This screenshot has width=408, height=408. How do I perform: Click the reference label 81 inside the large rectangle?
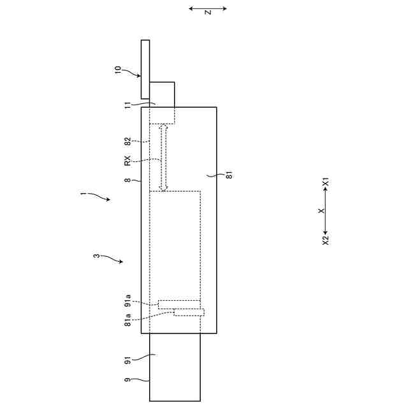pos(229,174)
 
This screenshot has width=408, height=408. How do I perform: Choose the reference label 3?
pos(96,256)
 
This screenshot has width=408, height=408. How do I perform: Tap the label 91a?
pos(127,300)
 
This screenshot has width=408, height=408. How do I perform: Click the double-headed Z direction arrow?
pos(208,8)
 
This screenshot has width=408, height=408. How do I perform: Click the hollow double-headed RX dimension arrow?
pos(164,157)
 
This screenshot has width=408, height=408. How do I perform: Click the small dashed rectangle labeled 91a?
pos(179,304)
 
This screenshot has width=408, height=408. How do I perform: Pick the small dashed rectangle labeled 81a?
pos(189,312)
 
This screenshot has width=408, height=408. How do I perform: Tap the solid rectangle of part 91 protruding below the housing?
pos(175,367)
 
